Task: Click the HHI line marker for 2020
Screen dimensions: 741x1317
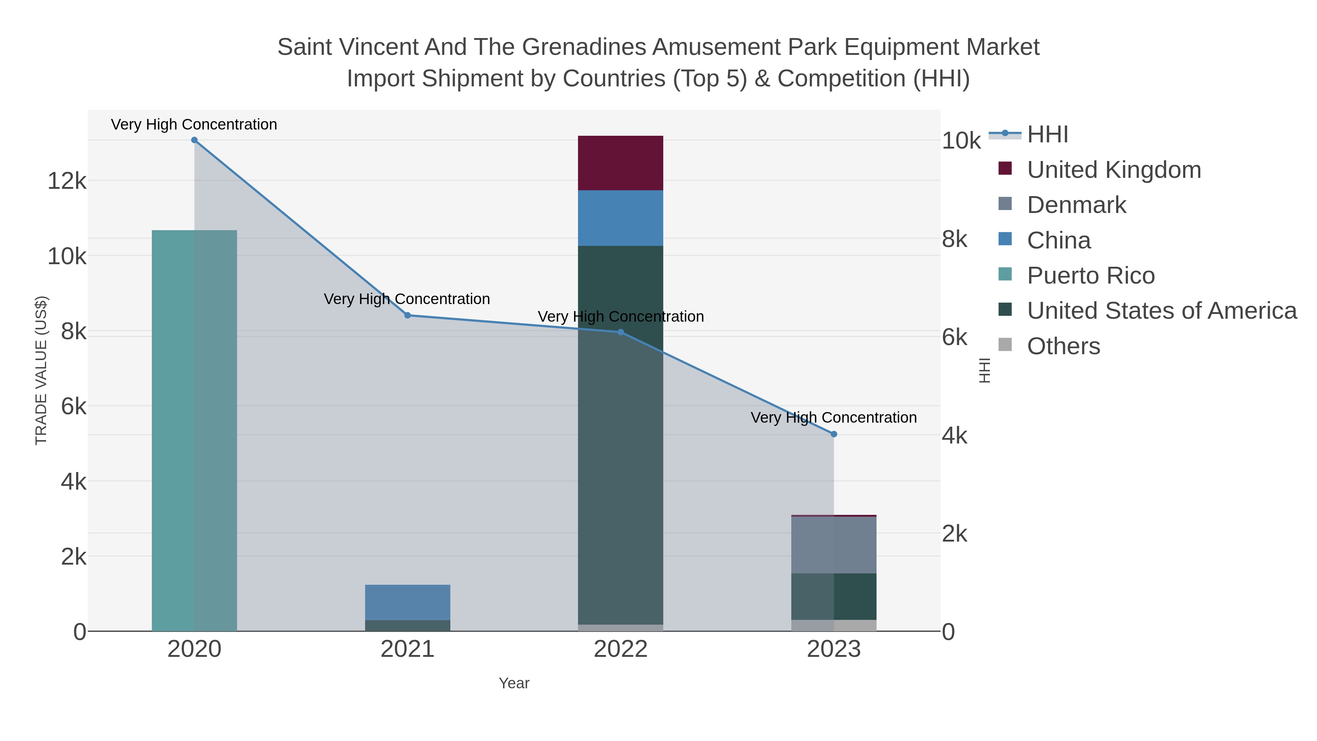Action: coord(194,140)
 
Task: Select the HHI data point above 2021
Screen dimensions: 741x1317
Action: coord(408,315)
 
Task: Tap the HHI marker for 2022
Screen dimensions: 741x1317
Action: coord(621,332)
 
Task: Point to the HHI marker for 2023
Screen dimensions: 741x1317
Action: coord(834,434)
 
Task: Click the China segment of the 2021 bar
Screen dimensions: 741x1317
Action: coord(408,602)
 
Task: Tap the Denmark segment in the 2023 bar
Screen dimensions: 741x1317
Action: coord(834,545)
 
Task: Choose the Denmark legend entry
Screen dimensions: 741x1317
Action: coord(1076,205)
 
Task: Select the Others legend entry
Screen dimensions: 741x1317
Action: coord(1063,346)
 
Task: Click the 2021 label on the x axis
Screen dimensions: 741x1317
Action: coord(408,650)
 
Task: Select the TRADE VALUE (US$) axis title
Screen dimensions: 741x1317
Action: coord(41,370)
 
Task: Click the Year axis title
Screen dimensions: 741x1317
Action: coord(514,683)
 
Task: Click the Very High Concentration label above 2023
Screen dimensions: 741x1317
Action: coord(833,418)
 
